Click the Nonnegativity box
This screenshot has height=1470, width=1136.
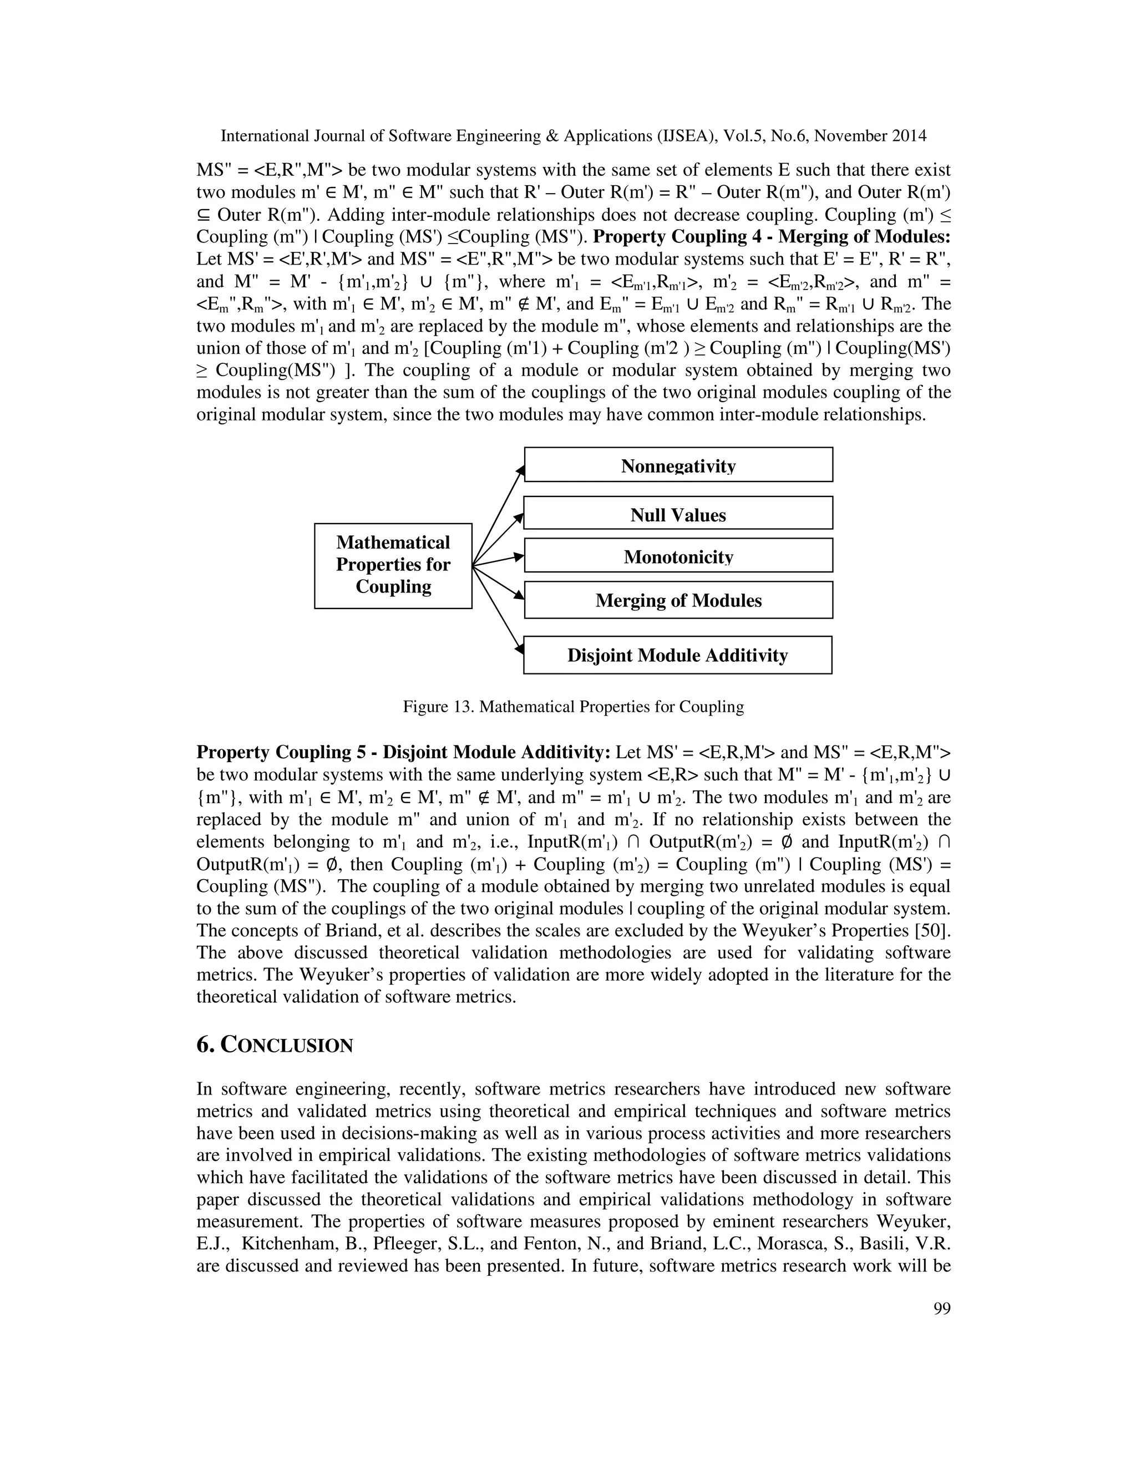[x=678, y=465]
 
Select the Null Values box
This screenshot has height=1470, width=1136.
[x=678, y=514]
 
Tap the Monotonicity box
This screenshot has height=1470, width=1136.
[x=678, y=556]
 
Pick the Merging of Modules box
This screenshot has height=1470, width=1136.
[x=678, y=600]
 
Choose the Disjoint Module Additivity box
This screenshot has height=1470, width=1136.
[x=678, y=655]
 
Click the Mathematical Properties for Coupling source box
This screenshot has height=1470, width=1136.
[x=393, y=565]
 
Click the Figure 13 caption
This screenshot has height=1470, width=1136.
[x=574, y=707]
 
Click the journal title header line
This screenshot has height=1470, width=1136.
[x=574, y=136]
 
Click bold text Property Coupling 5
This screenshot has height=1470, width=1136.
[x=285, y=753]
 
